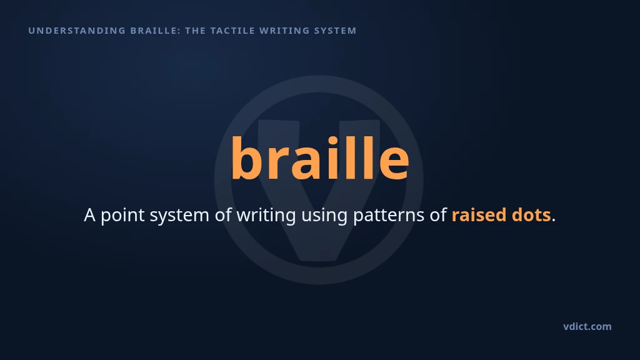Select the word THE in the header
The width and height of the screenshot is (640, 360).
tap(196, 31)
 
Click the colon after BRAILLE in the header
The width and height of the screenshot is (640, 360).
tap(179, 31)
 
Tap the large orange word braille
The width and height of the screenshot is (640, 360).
tap(320, 158)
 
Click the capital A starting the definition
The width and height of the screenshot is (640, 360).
tap(90, 215)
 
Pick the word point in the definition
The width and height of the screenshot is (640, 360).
tap(122, 216)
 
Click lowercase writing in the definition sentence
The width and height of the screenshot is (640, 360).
tap(266, 216)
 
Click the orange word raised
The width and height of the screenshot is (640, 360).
tap(479, 215)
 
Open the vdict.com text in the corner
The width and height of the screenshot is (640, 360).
tap(587, 326)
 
